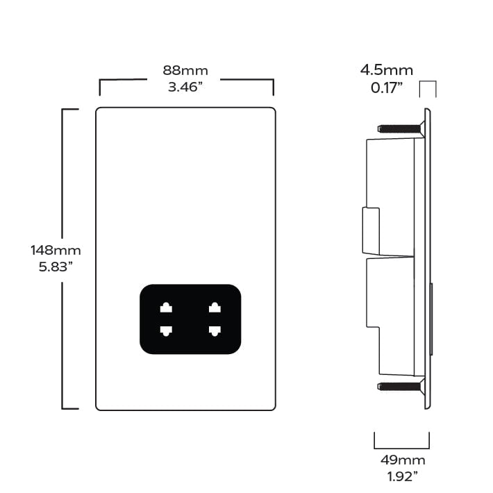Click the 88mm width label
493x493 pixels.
[185, 70]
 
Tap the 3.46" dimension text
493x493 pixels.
[185, 87]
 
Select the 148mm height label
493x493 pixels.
[56, 251]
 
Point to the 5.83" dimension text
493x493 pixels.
[56, 267]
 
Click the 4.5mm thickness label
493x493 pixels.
[386, 70]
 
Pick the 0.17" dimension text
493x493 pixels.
[386, 87]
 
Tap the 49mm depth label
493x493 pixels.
[403, 460]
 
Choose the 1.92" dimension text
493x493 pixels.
[403, 476]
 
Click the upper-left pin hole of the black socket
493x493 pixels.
[166, 307]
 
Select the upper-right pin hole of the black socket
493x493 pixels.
[215, 307]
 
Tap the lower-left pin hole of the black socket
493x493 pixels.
[166, 331]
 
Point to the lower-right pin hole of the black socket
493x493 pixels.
[215, 331]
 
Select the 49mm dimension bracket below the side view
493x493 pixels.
[402, 449]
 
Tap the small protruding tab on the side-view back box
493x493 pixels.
[371, 231]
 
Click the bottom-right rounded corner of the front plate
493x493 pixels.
[274, 408]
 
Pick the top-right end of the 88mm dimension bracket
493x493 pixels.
[273, 80]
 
